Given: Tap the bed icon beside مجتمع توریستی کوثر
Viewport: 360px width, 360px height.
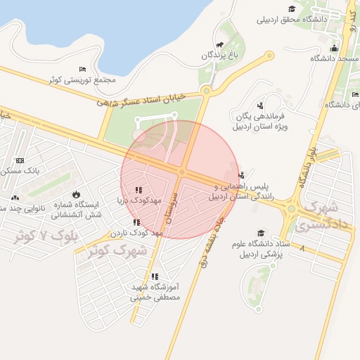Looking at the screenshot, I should pos(83,69).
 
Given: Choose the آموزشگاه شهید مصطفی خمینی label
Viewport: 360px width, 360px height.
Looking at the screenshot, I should pos(155,292).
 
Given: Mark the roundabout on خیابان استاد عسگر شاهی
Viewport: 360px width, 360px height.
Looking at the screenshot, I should pos(206,90).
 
